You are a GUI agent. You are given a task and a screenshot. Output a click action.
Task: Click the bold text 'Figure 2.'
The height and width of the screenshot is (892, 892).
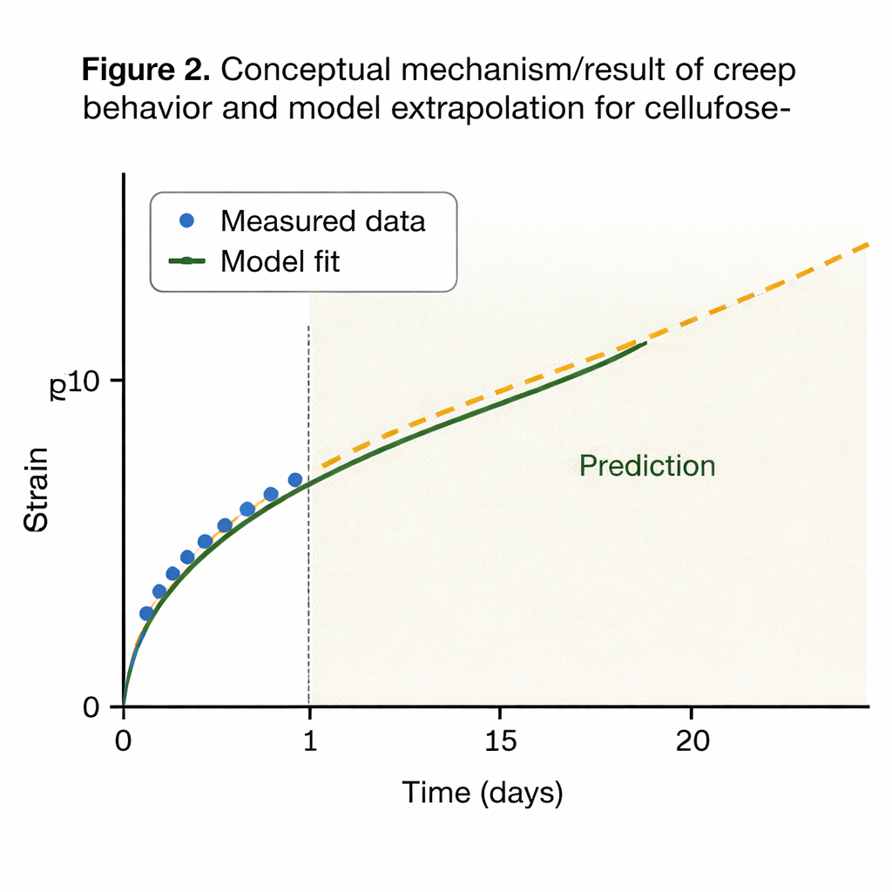click(146, 71)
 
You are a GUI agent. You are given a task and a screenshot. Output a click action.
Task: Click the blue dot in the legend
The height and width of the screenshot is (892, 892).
click(186, 220)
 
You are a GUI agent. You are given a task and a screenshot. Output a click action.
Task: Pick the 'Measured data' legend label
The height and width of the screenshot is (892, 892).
click(323, 221)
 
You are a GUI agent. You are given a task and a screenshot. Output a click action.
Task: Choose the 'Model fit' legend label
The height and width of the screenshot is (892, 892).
click(280, 260)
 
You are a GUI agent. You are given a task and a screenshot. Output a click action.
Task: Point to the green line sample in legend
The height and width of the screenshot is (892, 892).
click(186, 260)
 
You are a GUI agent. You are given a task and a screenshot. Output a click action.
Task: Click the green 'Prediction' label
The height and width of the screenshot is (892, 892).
click(647, 466)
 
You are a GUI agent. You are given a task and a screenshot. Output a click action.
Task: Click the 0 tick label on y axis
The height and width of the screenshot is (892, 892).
click(91, 706)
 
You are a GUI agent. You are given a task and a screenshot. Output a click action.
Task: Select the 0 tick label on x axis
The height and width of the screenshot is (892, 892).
click(124, 742)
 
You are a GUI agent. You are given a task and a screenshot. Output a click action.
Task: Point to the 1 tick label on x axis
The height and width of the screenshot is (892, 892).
click(310, 742)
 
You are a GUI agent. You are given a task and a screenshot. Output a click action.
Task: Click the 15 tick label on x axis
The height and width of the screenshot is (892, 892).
click(500, 742)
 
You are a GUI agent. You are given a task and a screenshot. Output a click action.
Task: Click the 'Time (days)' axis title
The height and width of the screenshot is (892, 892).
click(483, 794)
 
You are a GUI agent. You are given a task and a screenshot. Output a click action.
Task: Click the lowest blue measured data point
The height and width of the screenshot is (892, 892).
click(146, 613)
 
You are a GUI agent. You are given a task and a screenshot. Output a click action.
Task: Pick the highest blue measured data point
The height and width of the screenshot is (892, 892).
click(295, 480)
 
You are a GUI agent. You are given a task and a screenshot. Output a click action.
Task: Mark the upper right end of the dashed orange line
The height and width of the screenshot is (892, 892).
click(868, 245)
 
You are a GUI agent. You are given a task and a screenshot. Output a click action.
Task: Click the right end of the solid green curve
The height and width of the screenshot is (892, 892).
click(645, 343)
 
